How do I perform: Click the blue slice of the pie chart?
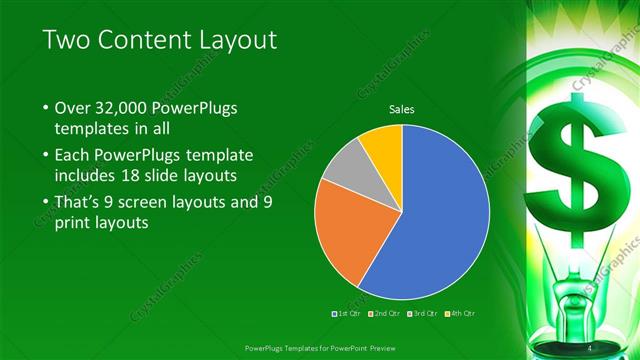[440, 220]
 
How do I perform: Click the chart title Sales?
[401, 109]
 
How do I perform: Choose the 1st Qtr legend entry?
[346, 314]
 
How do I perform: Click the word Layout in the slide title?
[238, 40]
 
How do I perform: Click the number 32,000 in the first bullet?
[121, 107]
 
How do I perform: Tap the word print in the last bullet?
[76, 224]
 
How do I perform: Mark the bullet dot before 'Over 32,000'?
[45, 108]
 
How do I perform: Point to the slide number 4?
[590, 347]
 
